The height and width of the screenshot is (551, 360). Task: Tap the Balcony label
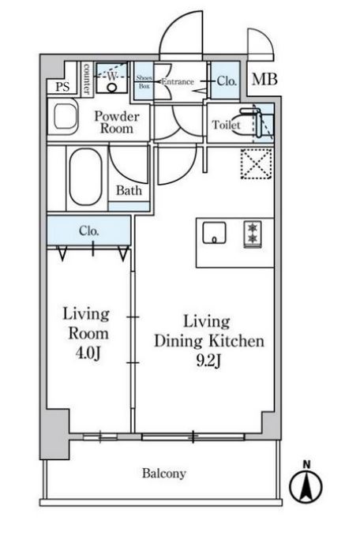[164, 474]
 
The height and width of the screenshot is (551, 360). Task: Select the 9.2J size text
[208, 361]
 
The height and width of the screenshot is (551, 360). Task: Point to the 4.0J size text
[88, 353]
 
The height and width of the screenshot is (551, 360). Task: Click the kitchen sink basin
[214, 233]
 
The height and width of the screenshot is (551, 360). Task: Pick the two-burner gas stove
[253, 234]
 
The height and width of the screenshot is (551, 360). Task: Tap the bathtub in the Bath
[86, 177]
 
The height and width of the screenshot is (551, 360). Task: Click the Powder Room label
[117, 122]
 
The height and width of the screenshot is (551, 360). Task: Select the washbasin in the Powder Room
[65, 117]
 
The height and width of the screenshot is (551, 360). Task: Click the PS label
[62, 87]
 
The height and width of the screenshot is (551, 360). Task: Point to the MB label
[264, 80]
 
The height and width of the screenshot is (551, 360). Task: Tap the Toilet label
[226, 125]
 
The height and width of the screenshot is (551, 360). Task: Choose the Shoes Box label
[144, 82]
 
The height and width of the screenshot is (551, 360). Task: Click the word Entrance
[178, 82]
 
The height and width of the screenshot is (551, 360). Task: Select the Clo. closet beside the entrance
[226, 81]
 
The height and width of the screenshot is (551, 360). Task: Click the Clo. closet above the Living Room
[89, 231]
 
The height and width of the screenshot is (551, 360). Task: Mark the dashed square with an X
[257, 163]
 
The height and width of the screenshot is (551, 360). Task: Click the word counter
[87, 79]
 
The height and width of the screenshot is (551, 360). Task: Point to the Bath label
[129, 190]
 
